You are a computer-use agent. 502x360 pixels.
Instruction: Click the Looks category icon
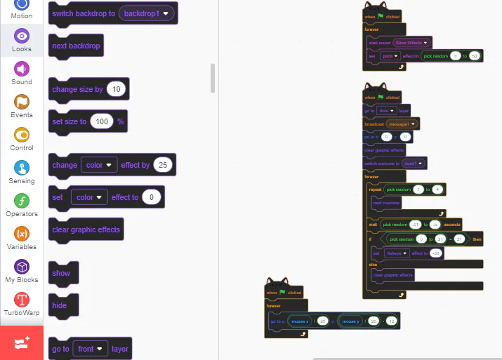(x=22, y=36)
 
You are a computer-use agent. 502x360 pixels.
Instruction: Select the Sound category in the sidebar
(x=22, y=69)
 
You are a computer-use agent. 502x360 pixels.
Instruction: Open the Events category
(x=22, y=102)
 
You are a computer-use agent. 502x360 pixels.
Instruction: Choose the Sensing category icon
(x=22, y=168)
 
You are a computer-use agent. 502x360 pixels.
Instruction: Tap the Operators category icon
(x=22, y=201)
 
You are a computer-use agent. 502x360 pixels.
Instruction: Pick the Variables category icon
(x=22, y=234)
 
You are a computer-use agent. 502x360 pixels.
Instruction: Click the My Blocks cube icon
(x=22, y=267)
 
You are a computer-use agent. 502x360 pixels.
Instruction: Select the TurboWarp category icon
(x=22, y=300)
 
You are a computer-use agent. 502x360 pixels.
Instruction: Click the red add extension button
(x=22, y=342)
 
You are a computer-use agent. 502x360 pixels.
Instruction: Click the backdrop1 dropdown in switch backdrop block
(x=147, y=13)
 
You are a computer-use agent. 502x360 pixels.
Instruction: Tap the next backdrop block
(x=76, y=46)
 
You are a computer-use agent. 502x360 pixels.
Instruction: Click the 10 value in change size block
(x=117, y=89)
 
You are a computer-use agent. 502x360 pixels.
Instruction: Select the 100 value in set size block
(x=102, y=121)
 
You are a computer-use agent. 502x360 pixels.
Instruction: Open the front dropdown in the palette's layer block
(x=91, y=349)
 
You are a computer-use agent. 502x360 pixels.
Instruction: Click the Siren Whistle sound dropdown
(x=411, y=42)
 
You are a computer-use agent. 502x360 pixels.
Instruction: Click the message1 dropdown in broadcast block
(x=402, y=124)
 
